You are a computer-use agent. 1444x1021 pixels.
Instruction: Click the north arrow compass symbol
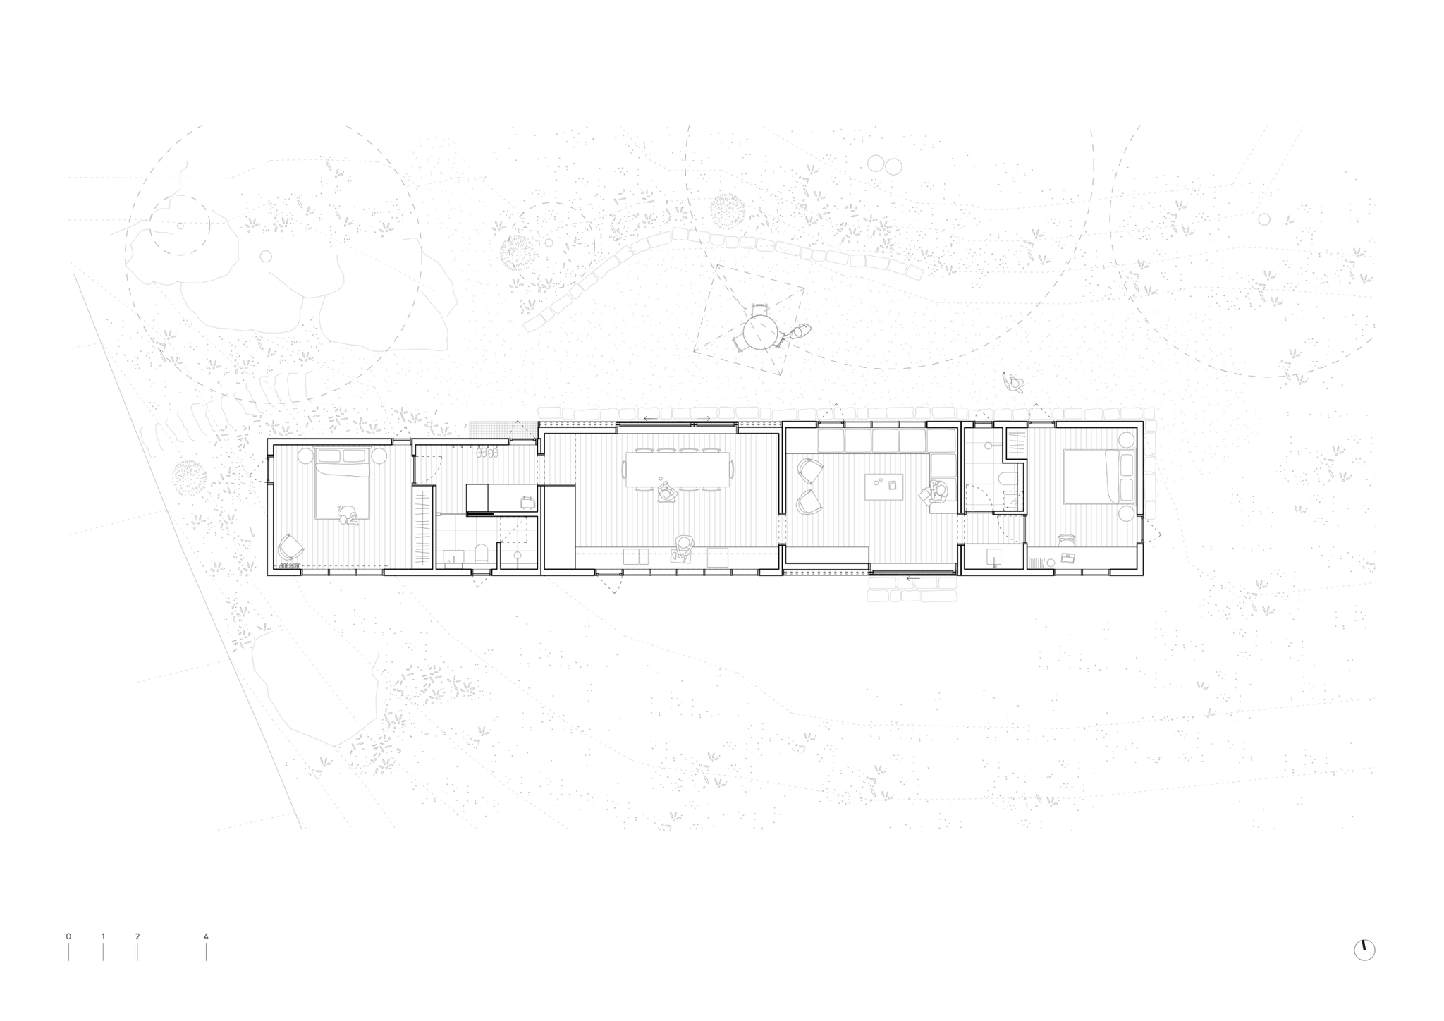[x=1364, y=950]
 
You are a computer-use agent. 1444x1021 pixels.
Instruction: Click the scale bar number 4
[x=206, y=936]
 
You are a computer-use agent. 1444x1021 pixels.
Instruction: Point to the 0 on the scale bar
[x=68, y=936]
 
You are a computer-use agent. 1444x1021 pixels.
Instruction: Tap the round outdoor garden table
[x=761, y=333]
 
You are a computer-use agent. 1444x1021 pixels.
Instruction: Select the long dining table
[x=676, y=469]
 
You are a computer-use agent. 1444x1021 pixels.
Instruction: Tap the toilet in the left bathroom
[x=482, y=553]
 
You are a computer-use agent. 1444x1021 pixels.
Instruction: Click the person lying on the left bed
[x=348, y=515]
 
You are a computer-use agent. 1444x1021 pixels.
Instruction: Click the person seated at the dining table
[x=666, y=492]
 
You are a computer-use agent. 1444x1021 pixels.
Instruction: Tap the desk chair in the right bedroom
[x=1067, y=539]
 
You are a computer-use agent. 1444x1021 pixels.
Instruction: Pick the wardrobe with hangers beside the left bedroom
[x=423, y=529]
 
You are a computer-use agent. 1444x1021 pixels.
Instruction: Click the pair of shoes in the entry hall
[x=487, y=455]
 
